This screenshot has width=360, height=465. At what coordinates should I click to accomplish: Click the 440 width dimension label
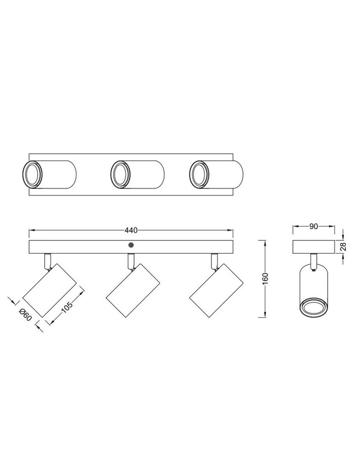coord(131,230)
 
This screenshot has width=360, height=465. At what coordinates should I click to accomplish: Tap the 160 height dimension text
coord(265,278)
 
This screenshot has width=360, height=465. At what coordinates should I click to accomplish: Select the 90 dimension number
coord(314,227)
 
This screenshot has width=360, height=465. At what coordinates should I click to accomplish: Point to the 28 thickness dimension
coord(343,247)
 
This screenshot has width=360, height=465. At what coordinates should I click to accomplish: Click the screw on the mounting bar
coord(131,245)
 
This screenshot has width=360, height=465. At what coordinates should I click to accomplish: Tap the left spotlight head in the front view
coord(49,291)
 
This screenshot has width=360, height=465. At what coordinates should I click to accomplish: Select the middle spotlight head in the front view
coord(133,290)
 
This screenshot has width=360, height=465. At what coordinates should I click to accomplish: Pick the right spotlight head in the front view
coord(216,290)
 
